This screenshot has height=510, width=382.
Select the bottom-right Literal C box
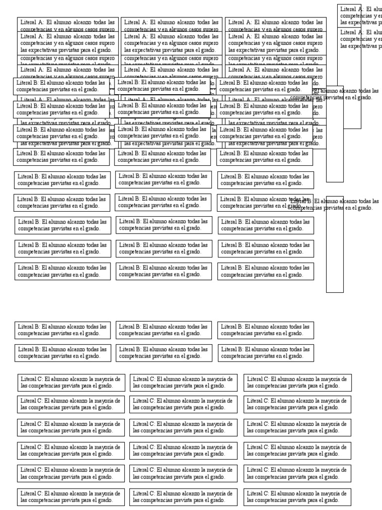click(297, 497)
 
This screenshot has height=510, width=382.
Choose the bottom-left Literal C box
click(71, 497)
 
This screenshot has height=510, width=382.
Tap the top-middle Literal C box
click(184, 382)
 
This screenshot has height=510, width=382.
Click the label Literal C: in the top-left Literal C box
click(31, 379)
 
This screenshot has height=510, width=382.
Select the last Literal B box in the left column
click(63, 353)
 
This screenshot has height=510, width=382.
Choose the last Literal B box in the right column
click(266, 353)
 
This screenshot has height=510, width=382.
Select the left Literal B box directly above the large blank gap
click(63, 271)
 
